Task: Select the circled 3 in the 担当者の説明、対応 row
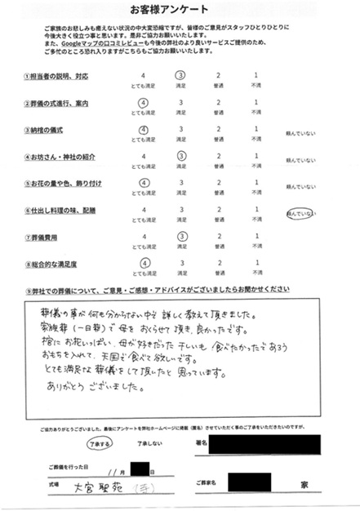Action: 181,75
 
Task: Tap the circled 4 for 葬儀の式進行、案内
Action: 144,103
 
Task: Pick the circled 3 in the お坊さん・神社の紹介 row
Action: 181,156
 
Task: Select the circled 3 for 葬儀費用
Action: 181,237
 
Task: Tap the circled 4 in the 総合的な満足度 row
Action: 144,264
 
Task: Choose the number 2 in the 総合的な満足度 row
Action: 219,264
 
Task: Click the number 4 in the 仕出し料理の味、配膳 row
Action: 144,210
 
